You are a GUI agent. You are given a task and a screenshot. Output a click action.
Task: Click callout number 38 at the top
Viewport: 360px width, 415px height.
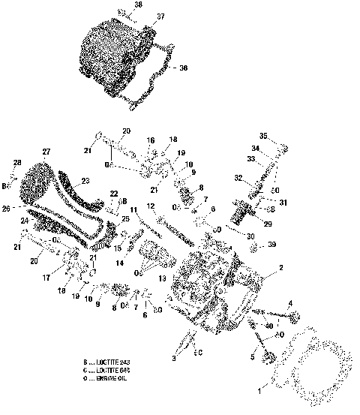click(x=137, y=5)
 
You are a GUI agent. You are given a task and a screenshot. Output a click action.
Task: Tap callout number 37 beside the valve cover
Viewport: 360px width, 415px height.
click(x=159, y=17)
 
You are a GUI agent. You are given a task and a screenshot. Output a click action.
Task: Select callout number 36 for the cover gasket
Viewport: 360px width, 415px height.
click(x=183, y=68)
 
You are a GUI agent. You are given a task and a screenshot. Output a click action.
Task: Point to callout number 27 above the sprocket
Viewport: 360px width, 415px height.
click(x=46, y=152)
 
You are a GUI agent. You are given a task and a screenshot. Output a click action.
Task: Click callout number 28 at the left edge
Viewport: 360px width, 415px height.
click(x=16, y=164)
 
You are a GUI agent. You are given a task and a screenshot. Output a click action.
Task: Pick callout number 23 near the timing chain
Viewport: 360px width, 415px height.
click(x=85, y=180)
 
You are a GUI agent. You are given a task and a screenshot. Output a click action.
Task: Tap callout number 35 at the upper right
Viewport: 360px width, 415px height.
click(x=263, y=136)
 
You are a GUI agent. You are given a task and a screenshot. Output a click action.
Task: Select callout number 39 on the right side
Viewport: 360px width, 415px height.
click(x=271, y=245)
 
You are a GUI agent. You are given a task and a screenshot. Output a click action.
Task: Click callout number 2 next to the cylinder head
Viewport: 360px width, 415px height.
click(x=280, y=268)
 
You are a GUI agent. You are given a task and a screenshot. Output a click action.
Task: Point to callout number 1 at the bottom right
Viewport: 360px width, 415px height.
click(x=261, y=390)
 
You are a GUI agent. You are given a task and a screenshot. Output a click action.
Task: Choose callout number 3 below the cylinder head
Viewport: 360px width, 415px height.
click(x=175, y=360)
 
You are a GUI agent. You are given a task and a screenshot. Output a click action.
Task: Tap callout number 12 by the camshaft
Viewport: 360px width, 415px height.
click(x=151, y=206)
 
